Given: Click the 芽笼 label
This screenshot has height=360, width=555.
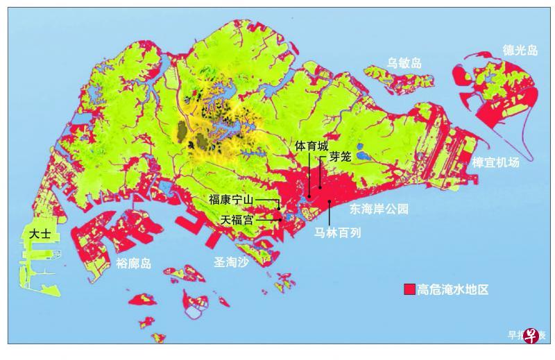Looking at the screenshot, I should pyautogui.click(x=340, y=157).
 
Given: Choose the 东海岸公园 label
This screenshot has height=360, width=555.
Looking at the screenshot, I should pyautogui.click(x=379, y=208).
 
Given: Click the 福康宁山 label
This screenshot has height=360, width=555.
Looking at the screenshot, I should pyautogui.click(x=231, y=200).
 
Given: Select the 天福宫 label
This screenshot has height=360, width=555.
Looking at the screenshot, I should pyautogui.click(x=237, y=219).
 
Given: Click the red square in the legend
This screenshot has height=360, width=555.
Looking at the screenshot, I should pyautogui.click(x=410, y=290).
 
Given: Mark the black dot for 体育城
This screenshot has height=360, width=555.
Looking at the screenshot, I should pyautogui.click(x=309, y=197).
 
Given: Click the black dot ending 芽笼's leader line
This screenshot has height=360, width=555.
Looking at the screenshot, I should pyautogui.click(x=320, y=187).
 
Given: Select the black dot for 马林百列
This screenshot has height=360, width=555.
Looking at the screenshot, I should pyautogui.click(x=329, y=201).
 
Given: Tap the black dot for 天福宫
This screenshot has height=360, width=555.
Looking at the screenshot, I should pyautogui.click(x=281, y=219).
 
